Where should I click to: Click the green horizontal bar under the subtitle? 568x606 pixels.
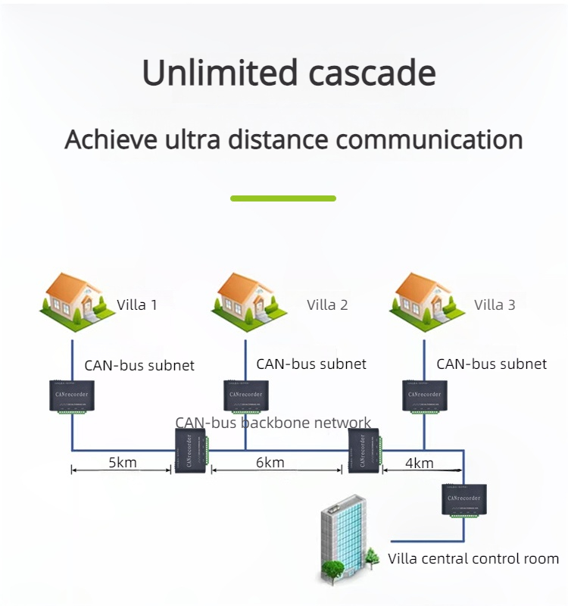(283, 198)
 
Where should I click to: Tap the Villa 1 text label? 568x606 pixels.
(137, 305)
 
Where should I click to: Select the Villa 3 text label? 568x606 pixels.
(495, 305)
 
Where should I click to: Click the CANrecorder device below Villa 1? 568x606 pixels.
(73, 396)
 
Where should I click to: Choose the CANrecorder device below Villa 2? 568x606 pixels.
(246, 396)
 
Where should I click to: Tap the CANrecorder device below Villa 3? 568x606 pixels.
(425, 396)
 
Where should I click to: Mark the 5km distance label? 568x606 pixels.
(122, 462)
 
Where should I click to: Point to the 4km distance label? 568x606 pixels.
(419, 463)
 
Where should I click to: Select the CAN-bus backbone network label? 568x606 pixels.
(273, 423)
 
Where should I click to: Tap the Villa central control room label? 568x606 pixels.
(473, 559)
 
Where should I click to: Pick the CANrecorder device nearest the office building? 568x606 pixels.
(464, 501)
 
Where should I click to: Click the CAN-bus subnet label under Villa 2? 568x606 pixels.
(311, 364)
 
